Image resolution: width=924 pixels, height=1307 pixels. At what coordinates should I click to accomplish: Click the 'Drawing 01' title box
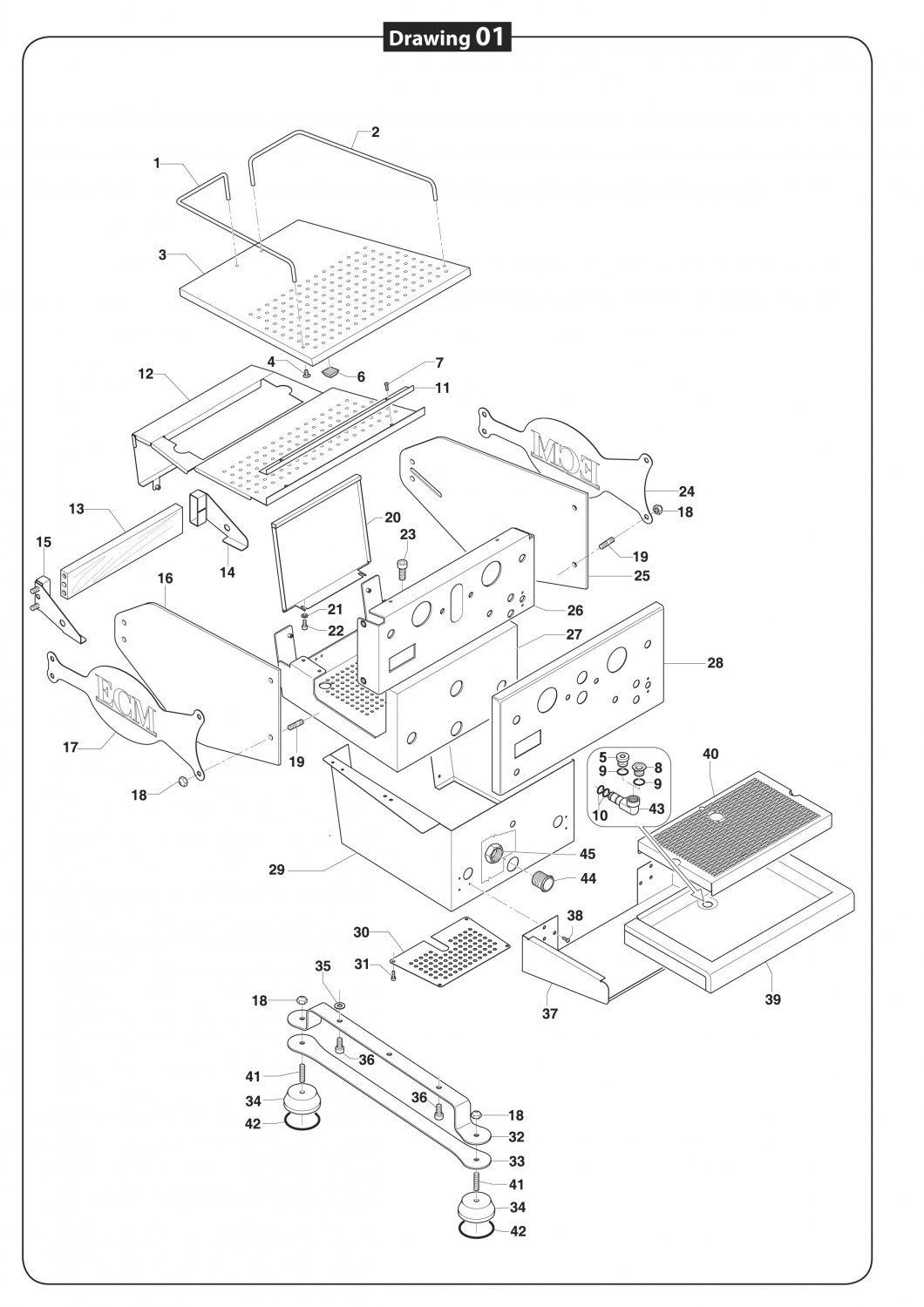tap(446, 37)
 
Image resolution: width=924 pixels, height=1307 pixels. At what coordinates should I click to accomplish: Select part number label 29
tap(277, 870)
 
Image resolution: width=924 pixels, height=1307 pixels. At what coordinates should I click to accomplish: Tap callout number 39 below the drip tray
tap(772, 999)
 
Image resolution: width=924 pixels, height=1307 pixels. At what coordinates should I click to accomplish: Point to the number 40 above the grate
tap(710, 754)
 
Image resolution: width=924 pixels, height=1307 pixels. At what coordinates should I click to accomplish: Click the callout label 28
tap(715, 663)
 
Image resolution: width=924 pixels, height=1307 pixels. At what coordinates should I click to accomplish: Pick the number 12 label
tap(146, 374)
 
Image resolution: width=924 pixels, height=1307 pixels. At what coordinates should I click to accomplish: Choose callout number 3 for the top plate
tap(162, 254)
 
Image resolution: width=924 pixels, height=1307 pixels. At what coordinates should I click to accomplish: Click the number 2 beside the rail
tap(376, 132)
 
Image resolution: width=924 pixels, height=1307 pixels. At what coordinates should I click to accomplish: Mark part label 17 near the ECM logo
tap(71, 747)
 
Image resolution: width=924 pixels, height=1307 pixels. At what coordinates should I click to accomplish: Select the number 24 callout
tap(687, 491)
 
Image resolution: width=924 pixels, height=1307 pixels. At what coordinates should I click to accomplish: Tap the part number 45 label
tap(588, 854)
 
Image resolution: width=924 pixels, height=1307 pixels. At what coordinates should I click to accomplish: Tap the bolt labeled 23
tap(402, 567)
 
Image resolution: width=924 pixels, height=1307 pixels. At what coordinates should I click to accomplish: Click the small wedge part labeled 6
tap(330, 370)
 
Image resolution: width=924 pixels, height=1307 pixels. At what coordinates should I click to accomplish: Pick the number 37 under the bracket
tap(550, 1013)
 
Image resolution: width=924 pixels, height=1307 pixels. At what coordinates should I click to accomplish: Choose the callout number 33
tap(517, 1161)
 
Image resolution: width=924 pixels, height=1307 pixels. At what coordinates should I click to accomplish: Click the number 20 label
tap(392, 517)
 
